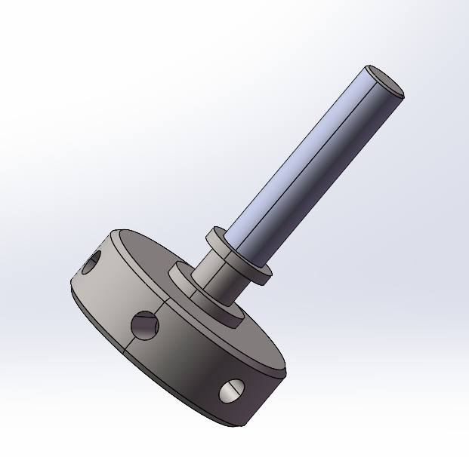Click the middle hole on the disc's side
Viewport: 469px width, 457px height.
(x=143, y=326)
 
